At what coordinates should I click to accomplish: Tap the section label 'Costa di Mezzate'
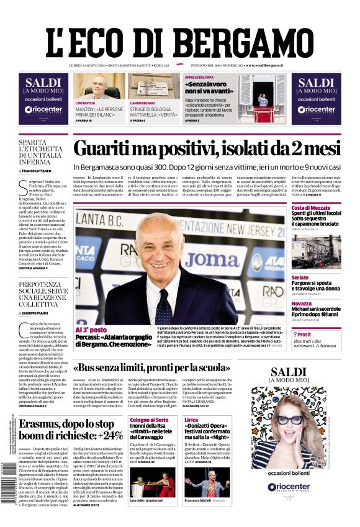(310, 207)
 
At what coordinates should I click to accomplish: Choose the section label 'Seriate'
(300, 277)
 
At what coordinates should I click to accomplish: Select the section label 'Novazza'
(302, 304)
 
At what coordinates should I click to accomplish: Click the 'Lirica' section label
(191, 420)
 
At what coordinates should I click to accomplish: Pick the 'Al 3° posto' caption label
(91, 330)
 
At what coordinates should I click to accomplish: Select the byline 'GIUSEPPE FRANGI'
(40, 314)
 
